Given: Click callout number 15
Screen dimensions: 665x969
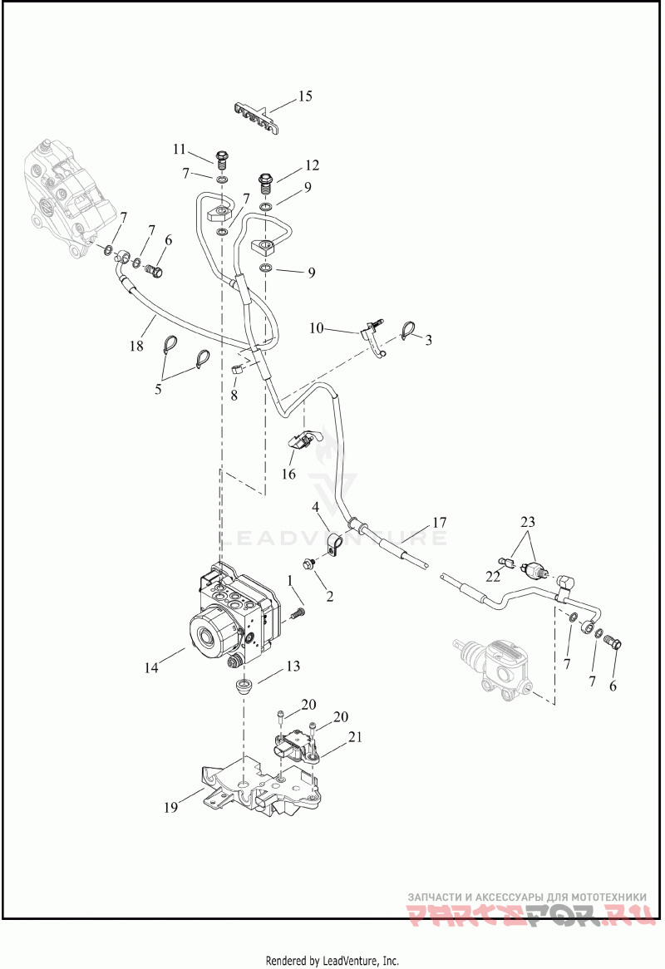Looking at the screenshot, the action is pos(305,96).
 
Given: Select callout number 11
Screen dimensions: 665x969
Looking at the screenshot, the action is pos(179,149).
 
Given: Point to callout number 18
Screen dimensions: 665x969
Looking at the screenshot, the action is pos(136,346).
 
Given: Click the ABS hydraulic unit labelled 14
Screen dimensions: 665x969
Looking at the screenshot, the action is pos(236,615).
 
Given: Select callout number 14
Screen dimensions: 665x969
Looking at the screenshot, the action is pos(151,667).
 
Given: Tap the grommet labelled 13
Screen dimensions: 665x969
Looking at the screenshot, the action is pos(245,686).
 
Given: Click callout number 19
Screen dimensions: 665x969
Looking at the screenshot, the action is pos(171,806).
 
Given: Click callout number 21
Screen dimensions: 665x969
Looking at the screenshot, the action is pos(355,736).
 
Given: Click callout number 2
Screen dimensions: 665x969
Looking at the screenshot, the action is pos(329,597).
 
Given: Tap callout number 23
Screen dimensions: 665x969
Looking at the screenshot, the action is pos(527,522).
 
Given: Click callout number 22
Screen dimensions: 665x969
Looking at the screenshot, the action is pos(493,577).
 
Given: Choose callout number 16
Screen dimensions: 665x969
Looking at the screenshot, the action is pos(288,474).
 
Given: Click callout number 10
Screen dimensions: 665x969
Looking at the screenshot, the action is pos(317,327).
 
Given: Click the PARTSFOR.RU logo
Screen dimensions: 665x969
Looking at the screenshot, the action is pos(531,913).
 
